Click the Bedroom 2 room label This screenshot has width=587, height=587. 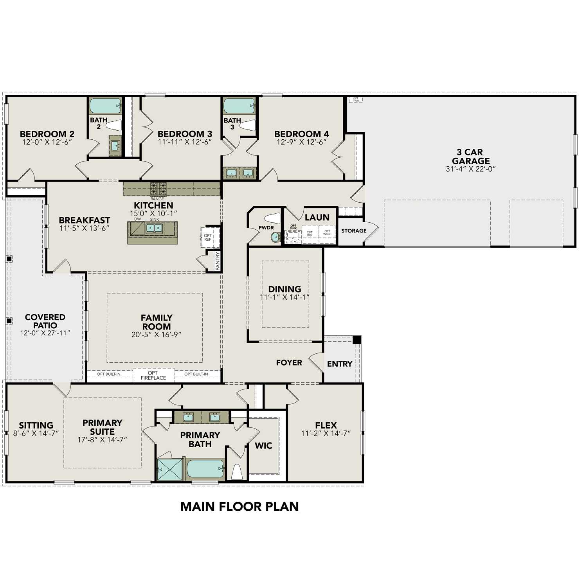[47, 134]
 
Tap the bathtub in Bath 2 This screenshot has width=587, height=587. [105, 106]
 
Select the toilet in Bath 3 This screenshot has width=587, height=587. [247, 125]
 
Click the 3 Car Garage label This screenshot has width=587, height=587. [470, 157]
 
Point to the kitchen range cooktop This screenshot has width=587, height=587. [158, 189]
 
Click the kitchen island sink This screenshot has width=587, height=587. [154, 228]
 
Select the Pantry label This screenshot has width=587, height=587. [218, 261]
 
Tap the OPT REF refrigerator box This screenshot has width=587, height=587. [207, 238]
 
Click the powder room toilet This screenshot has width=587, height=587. [272, 218]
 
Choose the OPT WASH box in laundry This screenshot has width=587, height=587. [327, 233]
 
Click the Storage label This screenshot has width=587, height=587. [354, 231]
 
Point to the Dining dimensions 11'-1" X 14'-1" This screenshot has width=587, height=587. [284, 297]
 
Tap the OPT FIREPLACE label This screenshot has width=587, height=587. [153, 375]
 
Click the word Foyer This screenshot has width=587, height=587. [289, 363]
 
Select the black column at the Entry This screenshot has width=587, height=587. [357, 340]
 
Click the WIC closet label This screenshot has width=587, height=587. [263, 446]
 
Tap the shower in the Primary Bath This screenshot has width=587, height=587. [170, 470]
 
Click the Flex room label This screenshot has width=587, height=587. [326, 425]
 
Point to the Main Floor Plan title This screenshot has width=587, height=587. [239, 506]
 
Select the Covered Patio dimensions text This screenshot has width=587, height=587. [45, 333]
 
